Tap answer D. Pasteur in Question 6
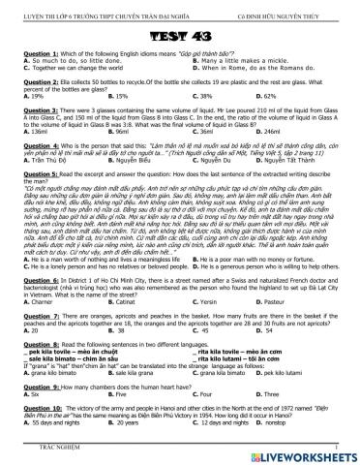click(280, 303)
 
